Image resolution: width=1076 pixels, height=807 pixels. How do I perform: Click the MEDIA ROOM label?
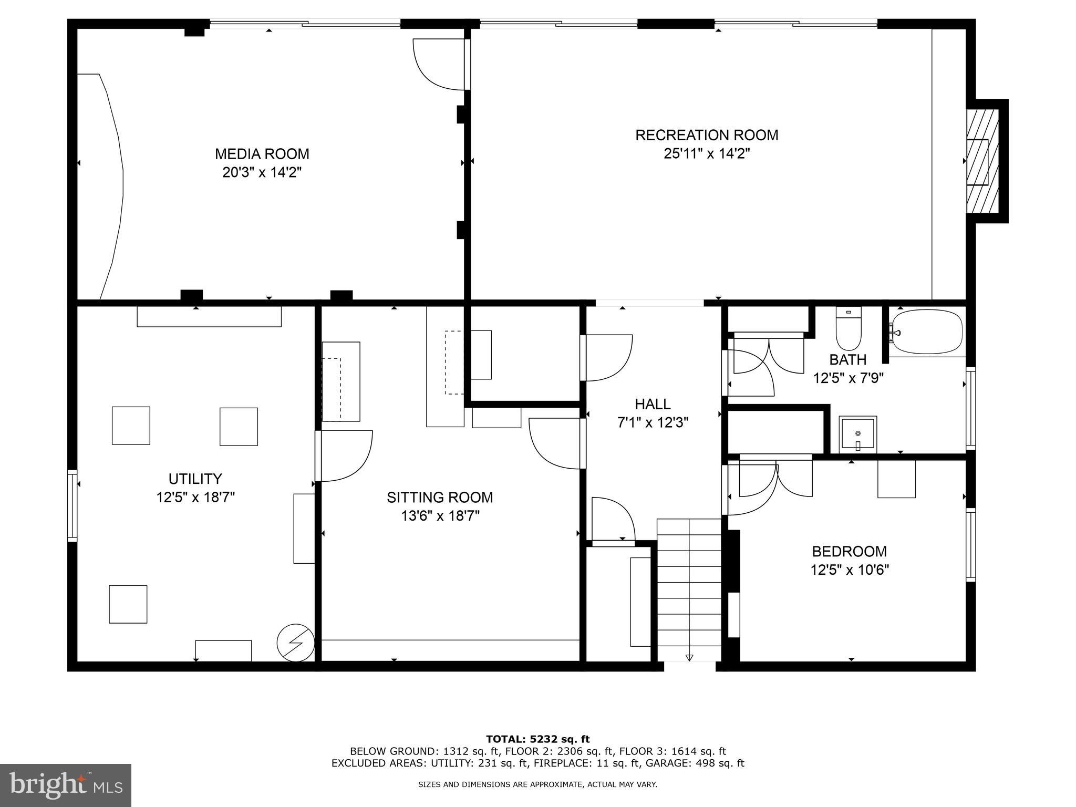click(x=262, y=154)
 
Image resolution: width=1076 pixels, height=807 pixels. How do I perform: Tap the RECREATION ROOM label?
click(x=707, y=135)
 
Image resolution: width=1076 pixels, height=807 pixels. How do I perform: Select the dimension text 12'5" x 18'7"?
click(x=195, y=497)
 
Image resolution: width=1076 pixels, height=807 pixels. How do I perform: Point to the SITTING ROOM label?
click(x=440, y=497)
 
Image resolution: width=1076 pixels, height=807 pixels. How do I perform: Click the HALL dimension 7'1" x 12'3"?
click(x=653, y=422)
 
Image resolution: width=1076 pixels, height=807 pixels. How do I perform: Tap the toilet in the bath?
click(x=849, y=329)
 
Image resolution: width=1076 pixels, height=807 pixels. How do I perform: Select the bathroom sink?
click(x=857, y=434)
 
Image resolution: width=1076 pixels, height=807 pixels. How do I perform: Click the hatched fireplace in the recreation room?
click(x=982, y=161)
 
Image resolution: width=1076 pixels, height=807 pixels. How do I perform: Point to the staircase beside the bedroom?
click(x=689, y=590)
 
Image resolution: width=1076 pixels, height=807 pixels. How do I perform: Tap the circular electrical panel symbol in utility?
click(x=296, y=643)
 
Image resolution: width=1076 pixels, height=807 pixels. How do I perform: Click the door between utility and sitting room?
click(x=344, y=456)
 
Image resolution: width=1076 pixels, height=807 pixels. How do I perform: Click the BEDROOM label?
click(x=849, y=551)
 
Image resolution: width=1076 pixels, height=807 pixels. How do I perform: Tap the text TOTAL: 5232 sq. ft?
click(x=537, y=739)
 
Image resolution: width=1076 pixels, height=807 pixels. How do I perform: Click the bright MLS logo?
click(x=66, y=785)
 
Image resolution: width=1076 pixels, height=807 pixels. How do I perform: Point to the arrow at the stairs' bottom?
click(x=689, y=657)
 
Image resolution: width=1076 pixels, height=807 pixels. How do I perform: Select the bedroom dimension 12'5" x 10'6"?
click(x=849, y=570)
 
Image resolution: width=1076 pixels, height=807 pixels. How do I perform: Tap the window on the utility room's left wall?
click(x=73, y=505)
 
